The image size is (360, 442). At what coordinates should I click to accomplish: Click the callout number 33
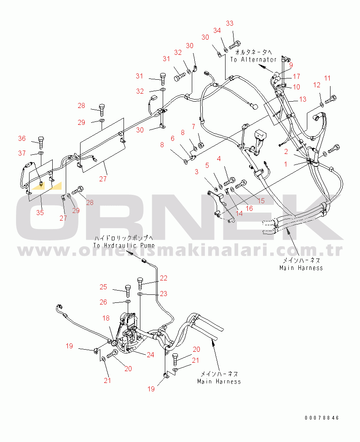[230, 23]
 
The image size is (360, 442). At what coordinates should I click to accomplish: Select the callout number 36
[22, 138]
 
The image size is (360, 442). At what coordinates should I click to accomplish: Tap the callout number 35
[40, 213]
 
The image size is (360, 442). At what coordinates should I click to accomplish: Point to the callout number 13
[303, 99]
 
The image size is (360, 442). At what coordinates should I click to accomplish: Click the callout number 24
[150, 355]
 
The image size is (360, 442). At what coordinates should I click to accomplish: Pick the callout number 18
[106, 318]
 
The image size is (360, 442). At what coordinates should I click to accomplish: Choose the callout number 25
[103, 287]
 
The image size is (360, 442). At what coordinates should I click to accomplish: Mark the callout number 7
[193, 127]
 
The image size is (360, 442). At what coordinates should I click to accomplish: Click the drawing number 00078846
[322, 418]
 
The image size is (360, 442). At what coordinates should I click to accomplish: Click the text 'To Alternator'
[253, 59]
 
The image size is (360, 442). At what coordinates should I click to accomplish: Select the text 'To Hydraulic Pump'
[124, 245]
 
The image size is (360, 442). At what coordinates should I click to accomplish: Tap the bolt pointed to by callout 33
[234, 45]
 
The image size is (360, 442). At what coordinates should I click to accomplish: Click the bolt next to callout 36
[41, 143]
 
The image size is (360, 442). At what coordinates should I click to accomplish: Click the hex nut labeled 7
[201, 145]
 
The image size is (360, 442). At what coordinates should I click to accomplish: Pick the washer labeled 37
[41, 153]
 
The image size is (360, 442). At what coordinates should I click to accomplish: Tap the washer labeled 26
[128, 302]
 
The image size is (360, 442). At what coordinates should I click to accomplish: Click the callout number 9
[291, 65]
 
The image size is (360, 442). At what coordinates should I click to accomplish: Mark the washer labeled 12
[322, 105]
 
